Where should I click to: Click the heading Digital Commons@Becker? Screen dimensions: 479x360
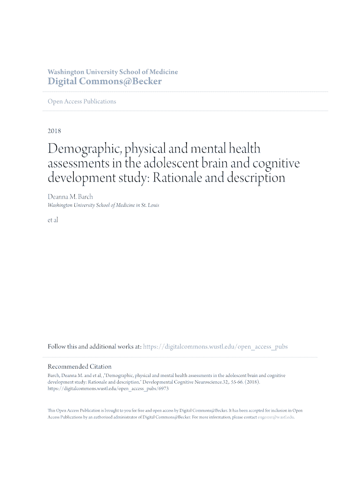point(105,81)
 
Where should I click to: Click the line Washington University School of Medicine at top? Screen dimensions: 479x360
point(113,72)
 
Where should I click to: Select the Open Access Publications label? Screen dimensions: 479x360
point(82,102)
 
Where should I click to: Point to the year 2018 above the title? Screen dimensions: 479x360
point(54,131)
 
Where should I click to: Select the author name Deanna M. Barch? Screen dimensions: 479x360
point(70,197)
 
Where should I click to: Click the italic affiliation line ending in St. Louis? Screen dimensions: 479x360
point(103,205)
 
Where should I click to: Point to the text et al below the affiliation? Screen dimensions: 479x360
point(53,220)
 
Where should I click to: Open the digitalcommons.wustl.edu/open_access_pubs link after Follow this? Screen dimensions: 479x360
point(215,347)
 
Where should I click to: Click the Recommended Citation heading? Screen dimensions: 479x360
point(79,367)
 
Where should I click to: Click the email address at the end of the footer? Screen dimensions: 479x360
point(276,417)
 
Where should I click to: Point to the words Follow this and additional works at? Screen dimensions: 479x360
point(94,347)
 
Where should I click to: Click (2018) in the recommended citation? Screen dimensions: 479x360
point(250,382)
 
